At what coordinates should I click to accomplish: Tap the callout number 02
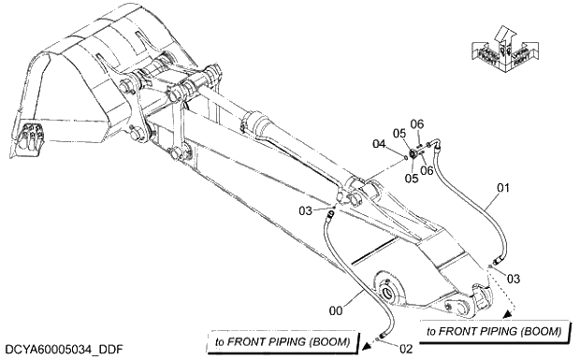[x=404, y=348]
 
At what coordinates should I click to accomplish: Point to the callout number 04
[x=380, y=143]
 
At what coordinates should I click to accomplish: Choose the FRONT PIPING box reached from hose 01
[x=494, y=331]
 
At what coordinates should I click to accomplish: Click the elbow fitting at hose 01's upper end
[x=431, y=145]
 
